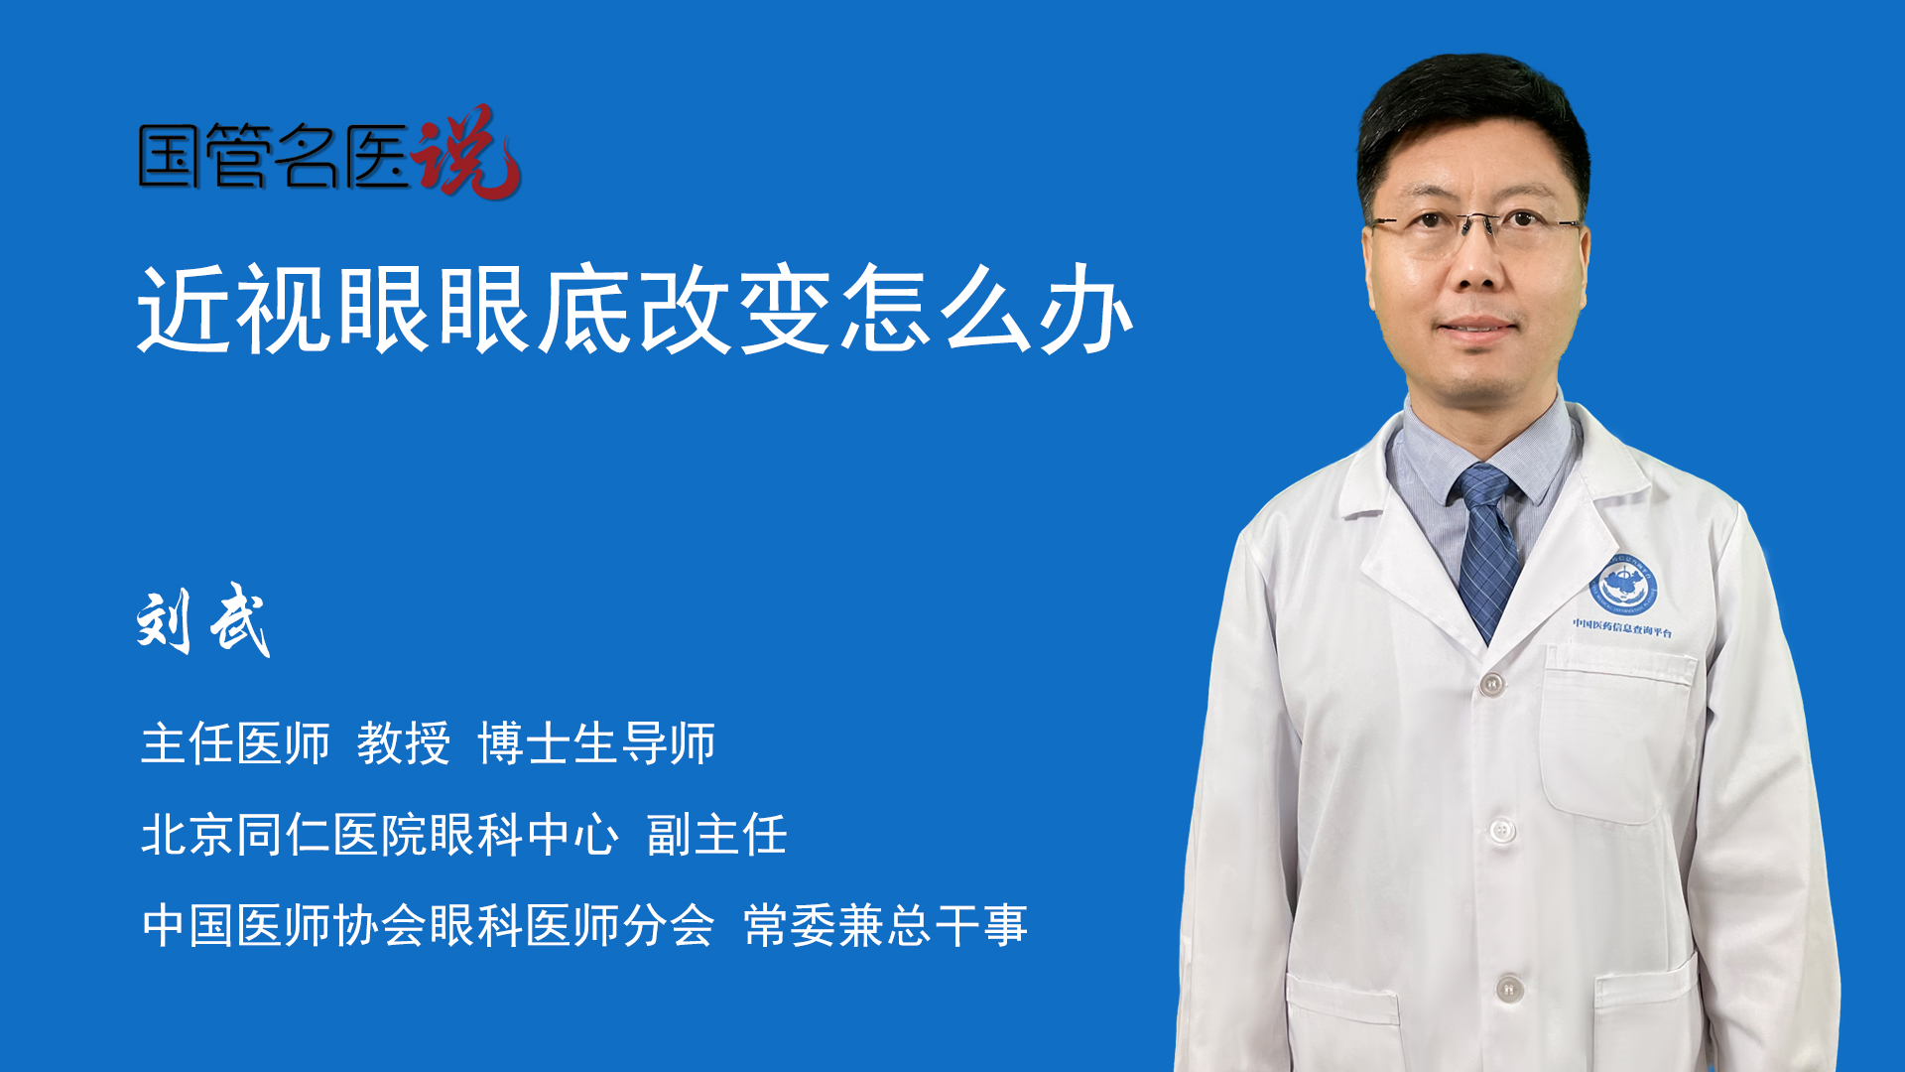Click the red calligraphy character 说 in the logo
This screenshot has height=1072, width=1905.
(466, 152)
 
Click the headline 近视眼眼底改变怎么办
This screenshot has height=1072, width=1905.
(635, 309)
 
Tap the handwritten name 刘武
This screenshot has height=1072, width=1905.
(203, 620)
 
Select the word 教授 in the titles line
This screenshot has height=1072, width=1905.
(404, 743)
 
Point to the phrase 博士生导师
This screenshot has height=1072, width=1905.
(596, 743)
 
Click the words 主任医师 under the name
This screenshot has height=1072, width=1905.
(235, 743)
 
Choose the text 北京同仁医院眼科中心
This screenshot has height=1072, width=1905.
(380, 834)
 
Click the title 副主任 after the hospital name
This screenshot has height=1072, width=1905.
(716, 834)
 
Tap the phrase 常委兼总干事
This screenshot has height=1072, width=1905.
(885, 925)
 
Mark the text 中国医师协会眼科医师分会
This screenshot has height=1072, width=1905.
(428, 925)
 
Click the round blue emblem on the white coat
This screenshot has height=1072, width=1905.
(1623, 586)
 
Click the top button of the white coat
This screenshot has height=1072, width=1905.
(1491, 683)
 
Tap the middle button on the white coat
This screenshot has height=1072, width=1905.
(1502, 830)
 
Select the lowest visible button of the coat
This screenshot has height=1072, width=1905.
(1509, 988)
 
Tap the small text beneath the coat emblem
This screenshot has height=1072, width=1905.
(1622, 628)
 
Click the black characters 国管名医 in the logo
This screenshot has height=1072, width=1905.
(274, 156)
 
